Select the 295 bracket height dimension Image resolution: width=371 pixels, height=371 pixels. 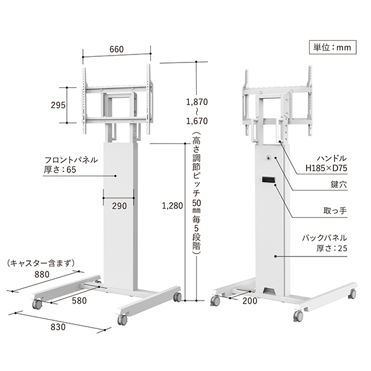point(59,104)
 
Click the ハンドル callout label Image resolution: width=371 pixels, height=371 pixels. point(330,158)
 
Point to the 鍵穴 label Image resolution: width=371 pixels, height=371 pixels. point(338,185)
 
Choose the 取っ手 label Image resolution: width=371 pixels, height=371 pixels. point(336,211)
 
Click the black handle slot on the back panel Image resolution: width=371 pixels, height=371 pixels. point(268,180)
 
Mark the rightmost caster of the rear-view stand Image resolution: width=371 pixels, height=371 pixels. point(353,292)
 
